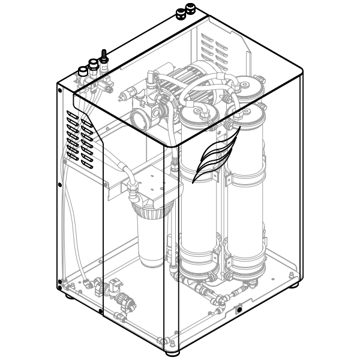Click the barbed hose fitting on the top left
pos(104,56)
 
